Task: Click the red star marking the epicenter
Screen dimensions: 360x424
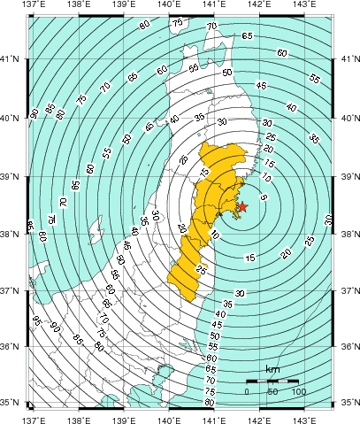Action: (243, 206)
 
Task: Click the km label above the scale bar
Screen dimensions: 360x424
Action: (272, 369)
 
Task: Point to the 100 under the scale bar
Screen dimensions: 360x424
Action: (298, 391)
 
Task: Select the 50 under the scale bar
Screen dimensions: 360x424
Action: (272, 391)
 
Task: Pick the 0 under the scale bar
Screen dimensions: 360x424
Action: (248, 391)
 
